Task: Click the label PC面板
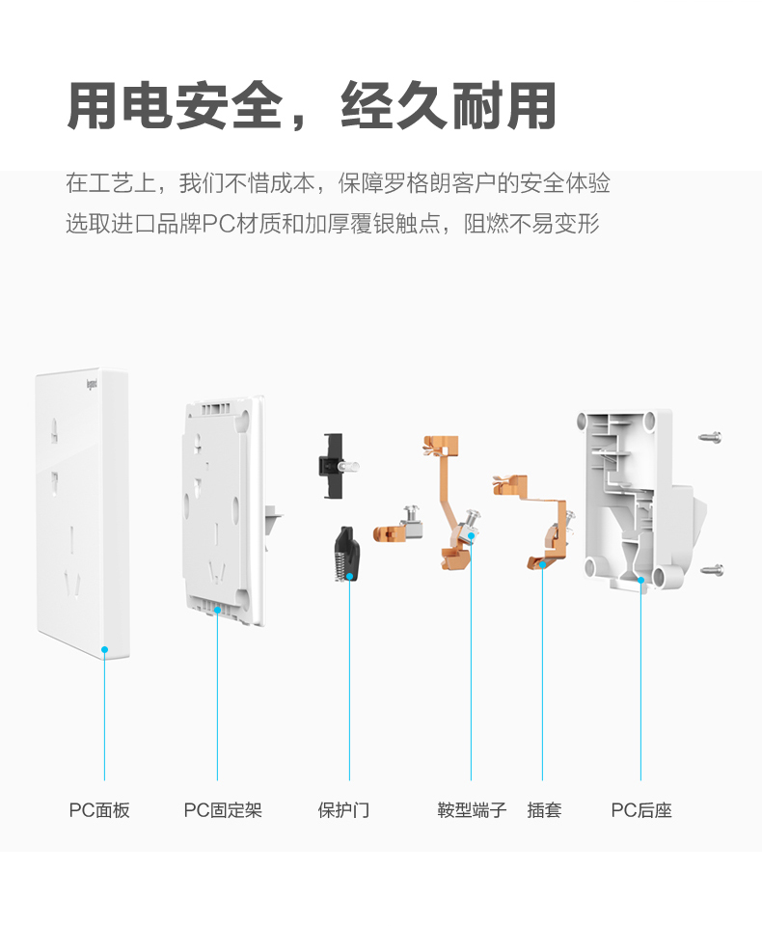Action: tap(98, 810)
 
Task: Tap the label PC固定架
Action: tap(223, 810)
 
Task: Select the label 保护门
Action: tap(343, 810)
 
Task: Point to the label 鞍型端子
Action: tap(472, 810)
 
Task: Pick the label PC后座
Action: tap(640, 810)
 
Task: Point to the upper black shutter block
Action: tap(334, 466)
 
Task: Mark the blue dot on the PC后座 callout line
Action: tap(640, 580)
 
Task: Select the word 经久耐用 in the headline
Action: tap(449, 106)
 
